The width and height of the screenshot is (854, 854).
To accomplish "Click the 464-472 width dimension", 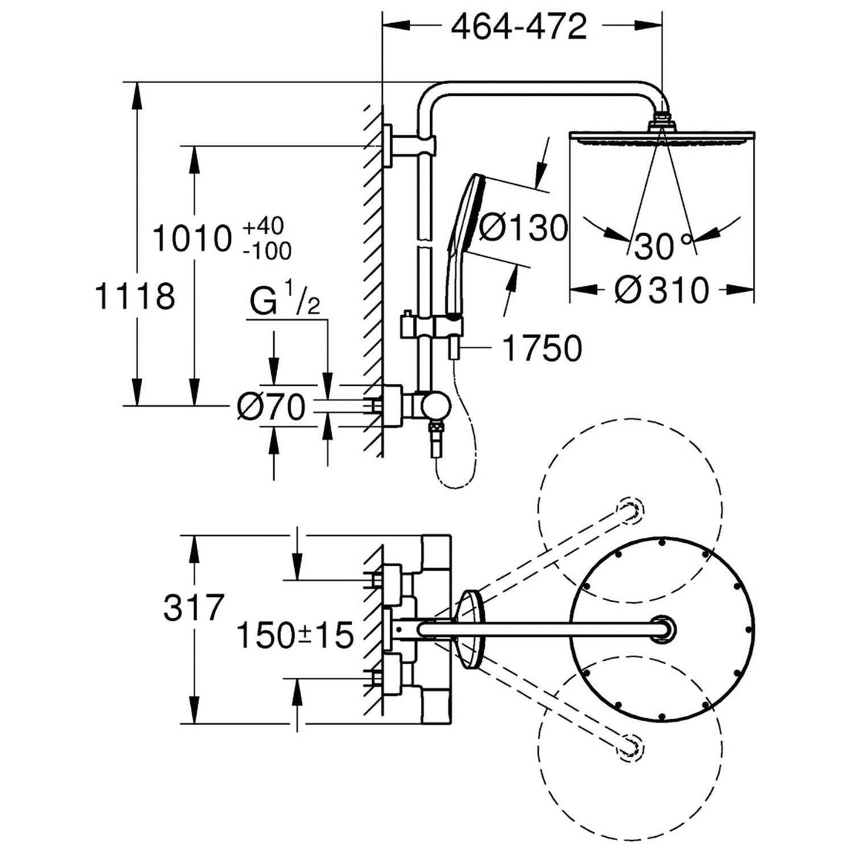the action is pyautogui.click(x=519, y=26).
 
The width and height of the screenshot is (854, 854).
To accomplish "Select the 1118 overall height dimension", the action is pyautogui.click(x=135, y=297).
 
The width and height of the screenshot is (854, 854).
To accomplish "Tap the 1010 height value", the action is pyautogui.click(x=192, y=239).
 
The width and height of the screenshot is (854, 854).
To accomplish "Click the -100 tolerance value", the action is pyautogui.click(x=267, y=251).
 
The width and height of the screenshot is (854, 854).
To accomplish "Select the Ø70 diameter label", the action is pyautogui.click(x=272, y=407).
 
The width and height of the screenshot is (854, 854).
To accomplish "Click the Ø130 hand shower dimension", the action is pyautogui.click(x=523, y=228).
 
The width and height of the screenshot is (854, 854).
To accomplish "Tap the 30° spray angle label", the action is pyautogui.click(x=664, y=247).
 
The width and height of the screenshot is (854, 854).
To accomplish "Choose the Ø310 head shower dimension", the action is pyautogui.click(x=662, y=290).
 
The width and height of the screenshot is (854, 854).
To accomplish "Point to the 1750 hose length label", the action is pyautogui.click(x=542, y=348).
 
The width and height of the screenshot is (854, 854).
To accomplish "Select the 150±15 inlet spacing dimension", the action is pyautogui.click(x=295, y=635).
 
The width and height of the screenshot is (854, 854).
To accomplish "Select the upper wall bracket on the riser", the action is pyautogui.click(x=411, y=146).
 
